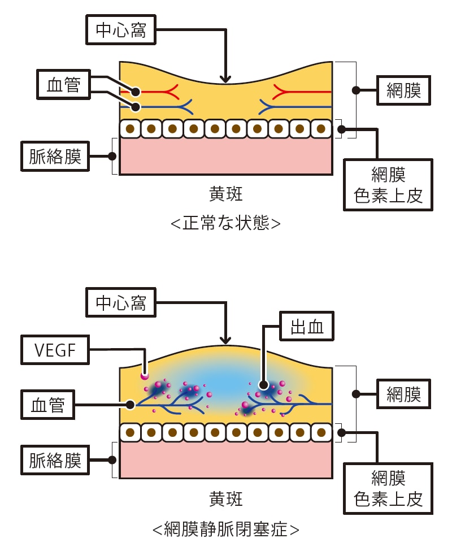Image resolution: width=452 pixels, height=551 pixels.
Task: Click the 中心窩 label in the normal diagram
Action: (x=121, y=30)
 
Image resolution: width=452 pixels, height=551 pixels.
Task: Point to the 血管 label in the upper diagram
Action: (x=63, y=85)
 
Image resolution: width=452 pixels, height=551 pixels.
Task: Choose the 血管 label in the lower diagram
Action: (x=47, y=405)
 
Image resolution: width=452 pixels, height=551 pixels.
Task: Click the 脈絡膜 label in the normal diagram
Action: (x=55, y=156)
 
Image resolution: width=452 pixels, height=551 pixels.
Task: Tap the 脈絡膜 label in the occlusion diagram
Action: (x=55, y=461)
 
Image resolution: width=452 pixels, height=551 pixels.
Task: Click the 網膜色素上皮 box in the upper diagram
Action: (x=388, y=185)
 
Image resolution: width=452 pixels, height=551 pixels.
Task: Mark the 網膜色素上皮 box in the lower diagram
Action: (x=388, y=488)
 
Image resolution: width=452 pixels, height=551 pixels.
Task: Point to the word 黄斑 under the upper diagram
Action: (x=225, y=195)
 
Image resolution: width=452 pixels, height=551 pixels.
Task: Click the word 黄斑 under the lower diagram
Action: (x=225, y=499)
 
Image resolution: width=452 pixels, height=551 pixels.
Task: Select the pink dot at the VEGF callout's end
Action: (x=145, y=375)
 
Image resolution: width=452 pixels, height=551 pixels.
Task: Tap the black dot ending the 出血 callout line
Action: (x=263, y=385)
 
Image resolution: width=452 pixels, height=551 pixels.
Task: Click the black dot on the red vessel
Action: (x=136, y=91)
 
